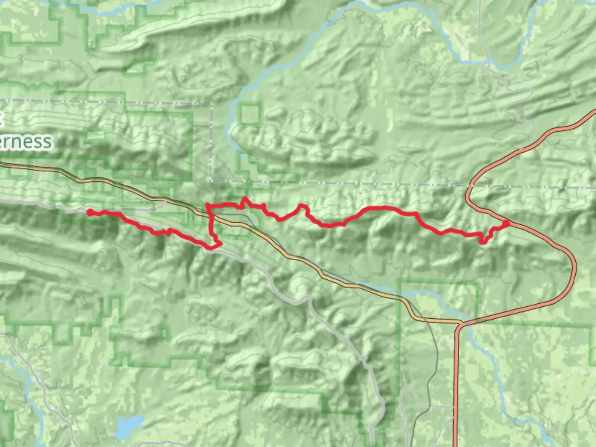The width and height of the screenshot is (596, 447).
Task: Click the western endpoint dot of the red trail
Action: point(90,212)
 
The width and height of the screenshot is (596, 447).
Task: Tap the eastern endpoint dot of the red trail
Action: point(506,224)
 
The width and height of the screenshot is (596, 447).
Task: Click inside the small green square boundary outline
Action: point(250,114)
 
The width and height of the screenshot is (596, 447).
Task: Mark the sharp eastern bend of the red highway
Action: point(575,265)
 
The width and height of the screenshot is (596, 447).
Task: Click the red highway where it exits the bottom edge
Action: point(455,445)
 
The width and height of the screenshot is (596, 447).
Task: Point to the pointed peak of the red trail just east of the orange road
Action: point(244,199)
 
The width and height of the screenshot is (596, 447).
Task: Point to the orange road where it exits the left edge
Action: point(1,164)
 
